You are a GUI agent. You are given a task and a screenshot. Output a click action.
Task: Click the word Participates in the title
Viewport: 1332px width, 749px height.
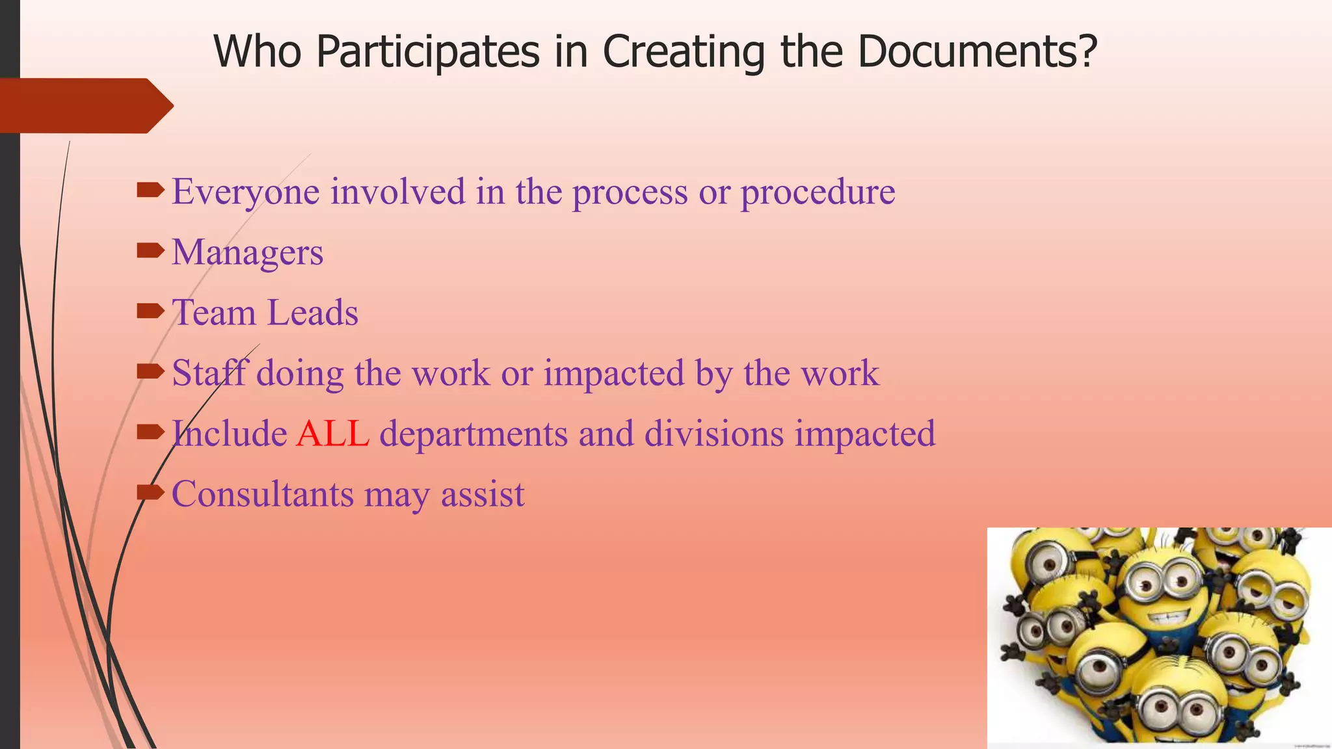coord(428,52)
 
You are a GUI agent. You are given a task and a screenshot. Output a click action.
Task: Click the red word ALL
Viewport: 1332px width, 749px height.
coord(332,434)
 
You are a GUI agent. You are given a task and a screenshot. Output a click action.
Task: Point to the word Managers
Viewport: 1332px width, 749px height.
coord(247,252)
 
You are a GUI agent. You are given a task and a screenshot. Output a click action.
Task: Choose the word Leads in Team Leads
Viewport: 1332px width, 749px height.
coord(313,313)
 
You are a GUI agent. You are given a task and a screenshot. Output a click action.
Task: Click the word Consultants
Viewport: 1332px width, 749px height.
coord(262,494)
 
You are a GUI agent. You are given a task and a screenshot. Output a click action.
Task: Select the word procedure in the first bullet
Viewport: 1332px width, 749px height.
coord(818,192)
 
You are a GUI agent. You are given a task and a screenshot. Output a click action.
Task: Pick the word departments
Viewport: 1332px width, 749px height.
coord(473,434)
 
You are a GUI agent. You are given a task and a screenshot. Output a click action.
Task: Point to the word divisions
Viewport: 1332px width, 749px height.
coord(714,434)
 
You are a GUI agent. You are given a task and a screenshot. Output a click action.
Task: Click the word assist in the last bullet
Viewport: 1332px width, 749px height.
coord(483,494)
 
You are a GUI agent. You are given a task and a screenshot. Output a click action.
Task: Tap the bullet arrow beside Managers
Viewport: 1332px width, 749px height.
coord(151,251)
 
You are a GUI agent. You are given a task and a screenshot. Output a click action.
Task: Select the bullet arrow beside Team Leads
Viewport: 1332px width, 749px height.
coord(151,311)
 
